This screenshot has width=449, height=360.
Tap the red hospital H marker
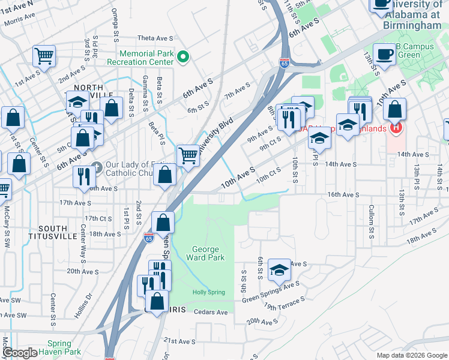[x=395, y=128]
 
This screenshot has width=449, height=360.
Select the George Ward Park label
[x=208, y=253]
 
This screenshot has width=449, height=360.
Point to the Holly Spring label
[x=208, y=292]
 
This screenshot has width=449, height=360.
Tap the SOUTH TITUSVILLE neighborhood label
[x=58, y=232]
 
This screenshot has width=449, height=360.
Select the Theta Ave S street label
[x=155, y=38]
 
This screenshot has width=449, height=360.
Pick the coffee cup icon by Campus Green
[x=384, y=54]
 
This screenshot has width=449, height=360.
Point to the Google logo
[x=20, y=353]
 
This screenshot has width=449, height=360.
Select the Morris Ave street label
[x=20, y=23]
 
